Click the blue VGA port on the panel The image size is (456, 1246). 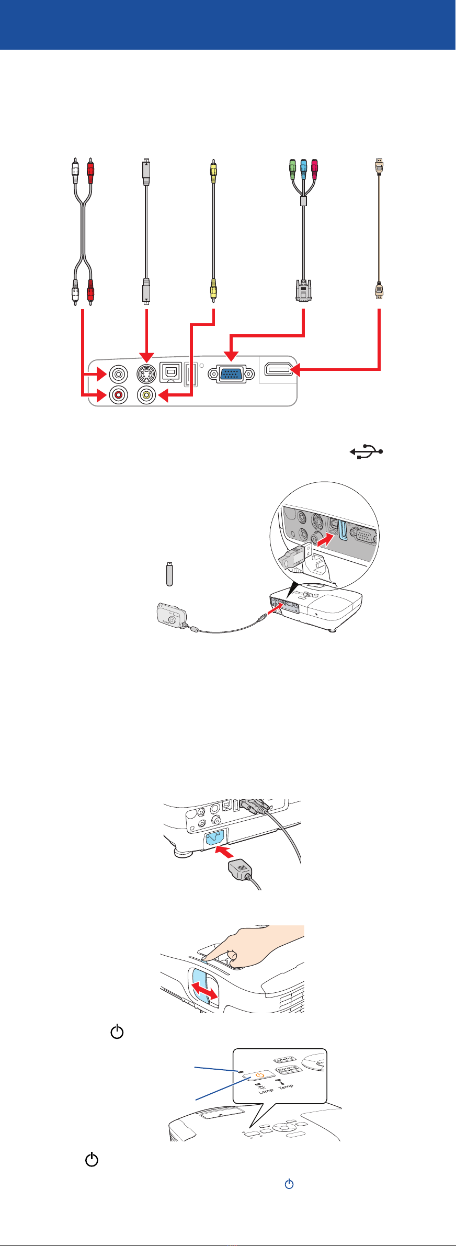[x=231, y=375]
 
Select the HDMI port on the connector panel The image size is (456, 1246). [x=278, y=370]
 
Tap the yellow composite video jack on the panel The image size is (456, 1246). [x=146, y=395]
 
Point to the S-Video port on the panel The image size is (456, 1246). [x=146, y=374]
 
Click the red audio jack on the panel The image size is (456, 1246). [x=119, y=395]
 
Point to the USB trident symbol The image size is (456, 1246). [x=367, y=451]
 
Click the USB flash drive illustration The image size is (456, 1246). [x=168, y=574]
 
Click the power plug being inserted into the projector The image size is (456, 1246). [x=241, y=869]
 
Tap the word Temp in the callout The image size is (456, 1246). [x=286, y=1086]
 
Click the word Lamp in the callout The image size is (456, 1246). [x=265, y=1090]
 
